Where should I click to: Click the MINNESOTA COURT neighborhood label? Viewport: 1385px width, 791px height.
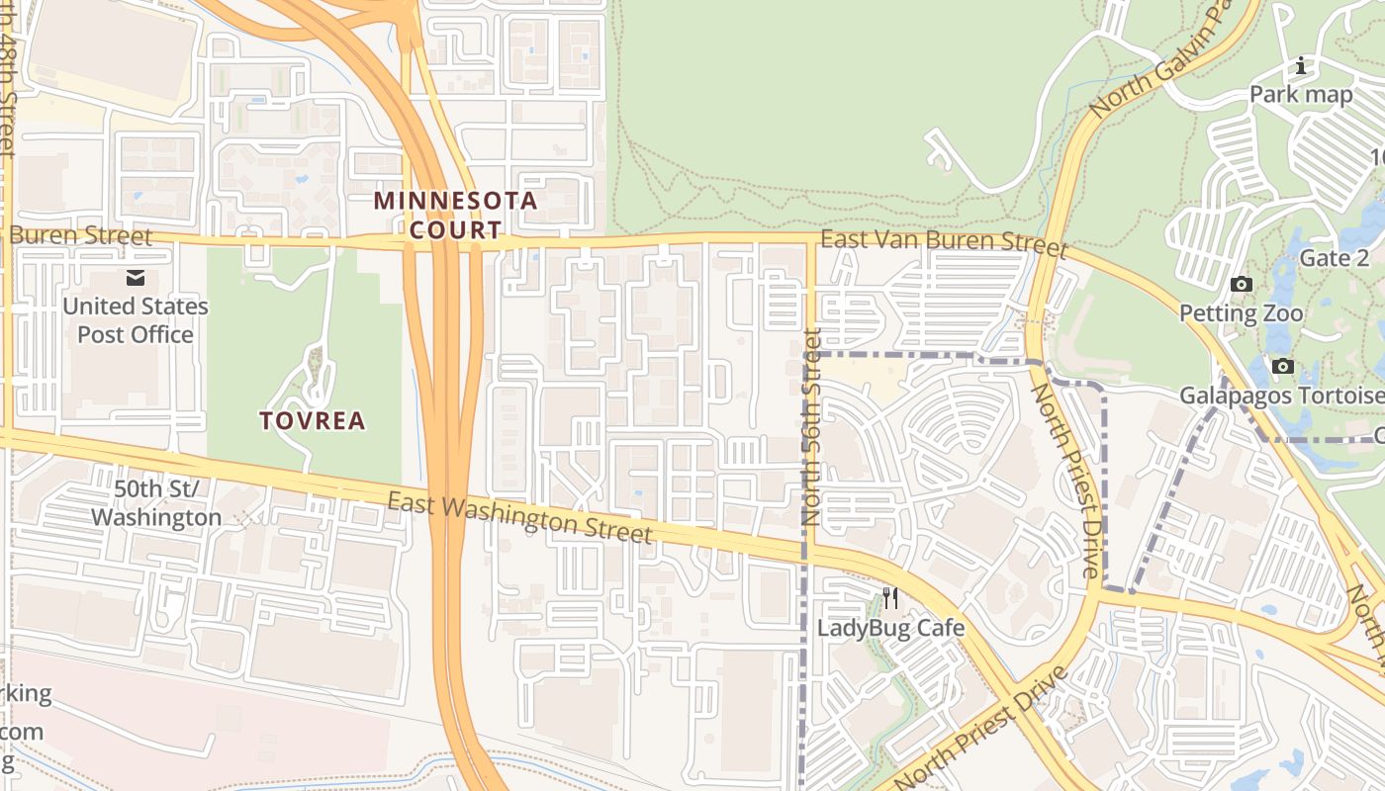tap(455, 216)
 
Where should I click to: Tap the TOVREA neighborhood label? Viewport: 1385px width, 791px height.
tap(313, 421)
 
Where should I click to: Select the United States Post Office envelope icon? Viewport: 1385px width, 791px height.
tap(136, 279)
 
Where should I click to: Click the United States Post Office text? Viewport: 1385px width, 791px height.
tap(136, 320)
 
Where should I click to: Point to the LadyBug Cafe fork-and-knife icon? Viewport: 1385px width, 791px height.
tap(890, 598)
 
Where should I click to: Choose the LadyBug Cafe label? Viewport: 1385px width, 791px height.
tap(890, 628)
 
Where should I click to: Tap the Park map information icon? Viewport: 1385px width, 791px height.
tap(1301, 67)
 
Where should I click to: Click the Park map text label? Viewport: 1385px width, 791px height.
tap(1301, 95)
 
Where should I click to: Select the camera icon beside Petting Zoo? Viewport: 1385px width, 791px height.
tap(1241, 285)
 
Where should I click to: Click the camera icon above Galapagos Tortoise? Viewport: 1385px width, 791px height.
tap(1283, 367)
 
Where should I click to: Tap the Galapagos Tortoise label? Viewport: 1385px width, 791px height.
tap(1281, 396)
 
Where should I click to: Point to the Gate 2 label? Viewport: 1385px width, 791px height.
tap(1335, 259)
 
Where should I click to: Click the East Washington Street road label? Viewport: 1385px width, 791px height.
tap(519, 518)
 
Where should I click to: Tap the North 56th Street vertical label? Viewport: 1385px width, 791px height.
tap(812, 427)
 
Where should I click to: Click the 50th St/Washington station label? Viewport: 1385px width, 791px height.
tap(156, 502)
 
